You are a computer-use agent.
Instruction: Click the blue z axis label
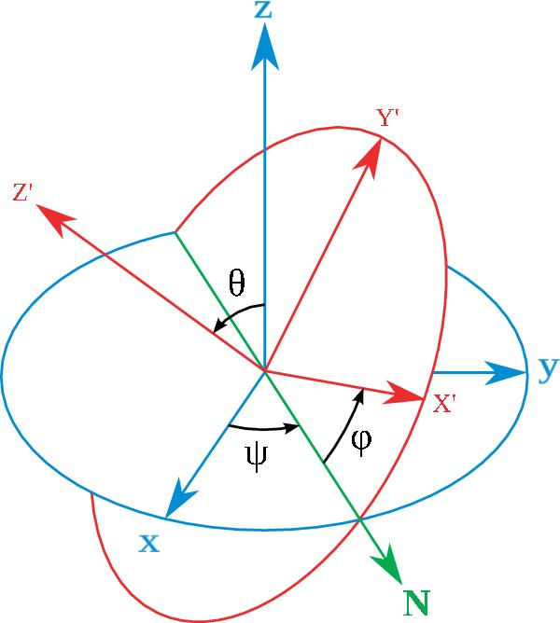(263, 10)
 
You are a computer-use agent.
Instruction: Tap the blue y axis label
(549, 370)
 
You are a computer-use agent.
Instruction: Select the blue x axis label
(149, 544)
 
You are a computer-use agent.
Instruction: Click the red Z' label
(22, 192)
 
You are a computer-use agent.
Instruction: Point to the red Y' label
(387, 118)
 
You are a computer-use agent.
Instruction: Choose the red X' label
(444, 404)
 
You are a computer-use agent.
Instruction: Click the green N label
(417, 603)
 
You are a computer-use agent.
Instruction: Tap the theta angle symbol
(237, 283)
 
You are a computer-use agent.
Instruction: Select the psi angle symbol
(257, 458)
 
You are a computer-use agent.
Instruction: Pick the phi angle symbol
(361, 442)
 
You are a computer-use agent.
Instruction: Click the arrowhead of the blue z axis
(265, 47)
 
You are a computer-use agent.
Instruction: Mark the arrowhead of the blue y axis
(506, 373)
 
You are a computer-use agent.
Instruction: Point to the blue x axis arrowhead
(180, 499)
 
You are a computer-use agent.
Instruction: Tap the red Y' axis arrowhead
(369, 158)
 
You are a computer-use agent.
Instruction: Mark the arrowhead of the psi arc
(291, 427)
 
